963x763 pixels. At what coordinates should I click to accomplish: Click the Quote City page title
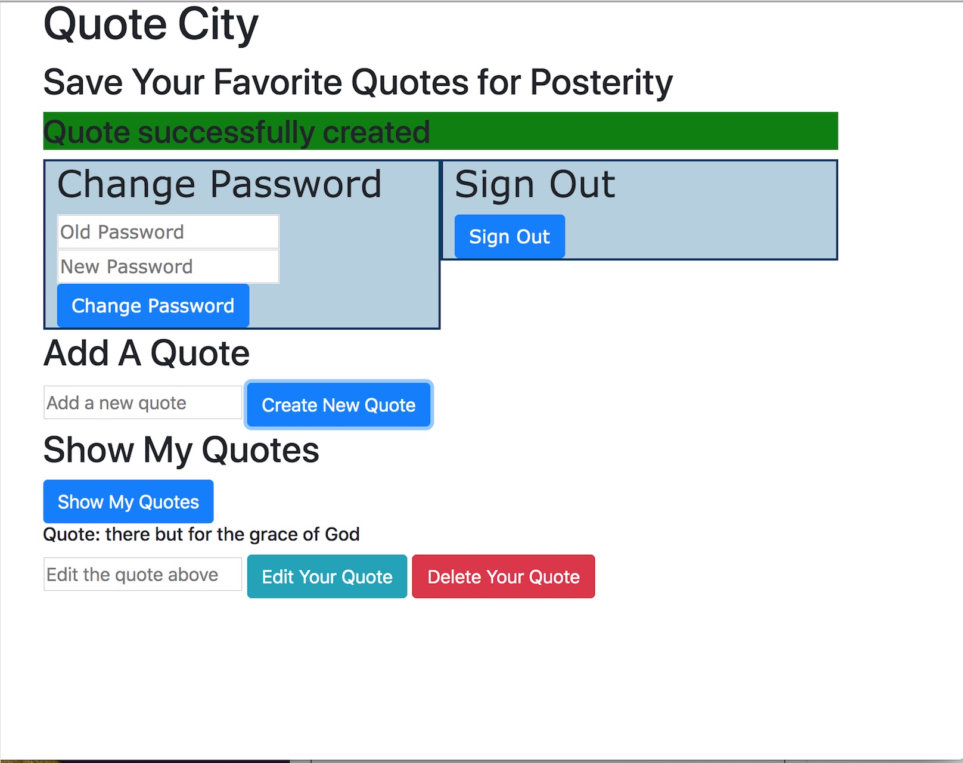[x=151, y=25]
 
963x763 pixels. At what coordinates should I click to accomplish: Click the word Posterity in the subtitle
[x=601, y=83]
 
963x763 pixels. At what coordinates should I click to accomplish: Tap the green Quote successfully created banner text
[x=237, y=132]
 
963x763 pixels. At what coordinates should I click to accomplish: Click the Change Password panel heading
[x=219, y=184]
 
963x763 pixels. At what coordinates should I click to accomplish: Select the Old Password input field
[x=168, y=232]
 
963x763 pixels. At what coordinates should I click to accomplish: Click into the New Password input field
[x=168, y=266]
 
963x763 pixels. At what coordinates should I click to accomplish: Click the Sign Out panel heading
[x=535, y=184]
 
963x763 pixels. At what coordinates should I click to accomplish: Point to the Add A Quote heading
[x=147, y=353]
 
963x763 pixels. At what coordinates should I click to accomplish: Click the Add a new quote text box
[x=143, y=402]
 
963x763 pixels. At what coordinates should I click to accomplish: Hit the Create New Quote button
[x=338, y=405]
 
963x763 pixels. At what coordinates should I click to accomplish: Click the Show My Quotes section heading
[x=181, y=450]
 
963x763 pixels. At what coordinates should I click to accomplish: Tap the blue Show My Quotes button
[x=129, y=501]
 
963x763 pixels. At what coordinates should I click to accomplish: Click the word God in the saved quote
[x=342, y=534]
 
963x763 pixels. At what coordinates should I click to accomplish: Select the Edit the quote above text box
[x=143, y=574]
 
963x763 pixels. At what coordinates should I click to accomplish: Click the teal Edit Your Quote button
[x=327, y=576]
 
